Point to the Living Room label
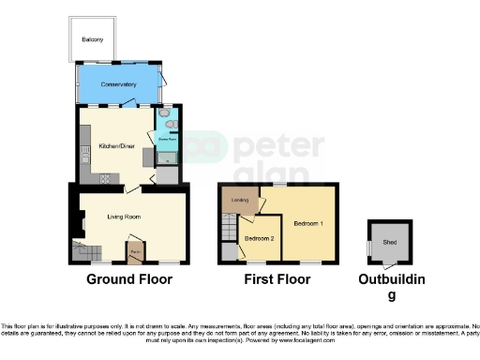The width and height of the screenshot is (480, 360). (x=125, y=217)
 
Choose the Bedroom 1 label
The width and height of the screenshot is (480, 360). (x=307, y=224)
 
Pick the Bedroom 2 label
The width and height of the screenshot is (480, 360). (x=259, y=238)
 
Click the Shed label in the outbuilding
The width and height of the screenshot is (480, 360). (x=388, y=242)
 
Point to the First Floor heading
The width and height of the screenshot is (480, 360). (x=277, y=279)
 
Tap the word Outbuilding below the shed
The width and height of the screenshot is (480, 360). (x=393, y=279)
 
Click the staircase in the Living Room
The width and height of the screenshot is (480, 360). (x=87, y=250)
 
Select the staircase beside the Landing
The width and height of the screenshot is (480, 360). (x=228, y=228)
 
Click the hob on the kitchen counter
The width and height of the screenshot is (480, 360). (x=104, y=176)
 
